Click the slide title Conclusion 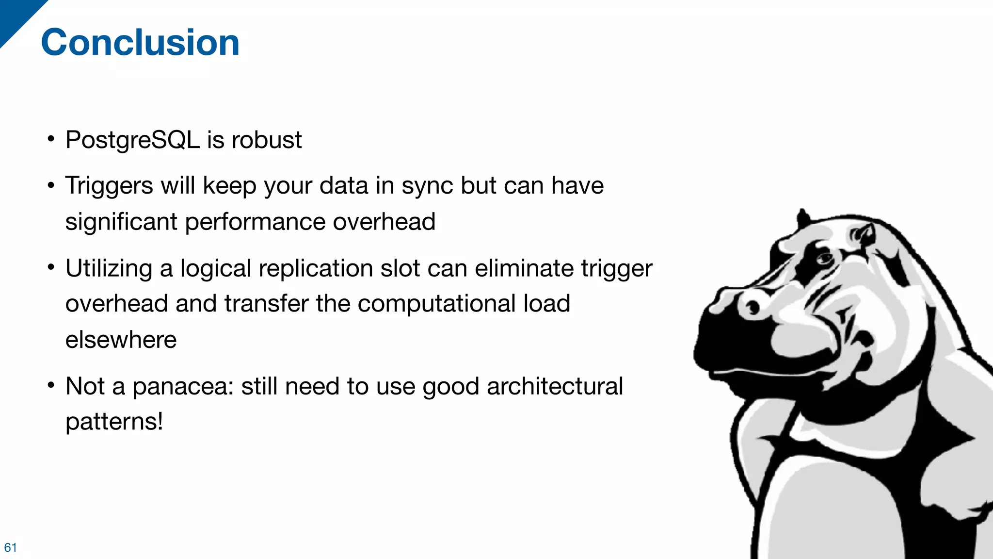tap(140, 43)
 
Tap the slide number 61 tap(10, 547)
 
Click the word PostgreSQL tap(132, 140)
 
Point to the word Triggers tap(109, 186)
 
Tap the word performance tap(255, 222)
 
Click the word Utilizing tap(109, 268)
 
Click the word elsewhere tap(121, 340)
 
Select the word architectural tap(555, 386)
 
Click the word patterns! tap(114, 421)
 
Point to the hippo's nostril tap(753, 307)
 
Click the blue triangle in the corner tap(15, 15)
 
